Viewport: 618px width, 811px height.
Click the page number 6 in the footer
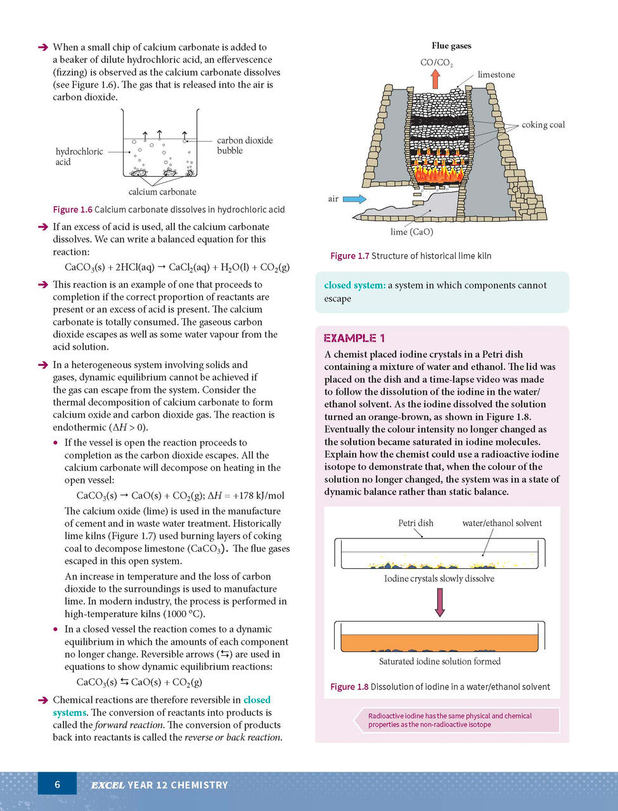[x=57, y=784]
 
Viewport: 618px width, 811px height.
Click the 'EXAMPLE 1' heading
[x=354, y=338]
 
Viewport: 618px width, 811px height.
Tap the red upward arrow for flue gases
[x=435, y=79]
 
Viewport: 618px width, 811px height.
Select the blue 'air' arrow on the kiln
[x=354, y=199]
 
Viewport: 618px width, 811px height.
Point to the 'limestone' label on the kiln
[x=496, y=75]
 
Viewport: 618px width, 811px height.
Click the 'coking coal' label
[x=543, y=125]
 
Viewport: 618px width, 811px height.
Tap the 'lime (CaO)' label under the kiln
[x=411, y=232]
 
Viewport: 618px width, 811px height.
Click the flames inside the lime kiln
[x=439, y=170]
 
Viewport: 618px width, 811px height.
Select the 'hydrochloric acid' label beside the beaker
[x=79, y=156]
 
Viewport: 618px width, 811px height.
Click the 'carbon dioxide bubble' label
[x=245, y=145]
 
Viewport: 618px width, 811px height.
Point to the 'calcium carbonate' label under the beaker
[x=162, y=192]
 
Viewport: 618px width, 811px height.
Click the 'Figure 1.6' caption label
[x=72, y=210]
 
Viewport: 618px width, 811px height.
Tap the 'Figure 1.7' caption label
[x=349, y=256]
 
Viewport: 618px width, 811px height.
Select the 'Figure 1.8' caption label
[x=349, y=687]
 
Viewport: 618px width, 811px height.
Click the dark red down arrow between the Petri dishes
[x=440, y=603]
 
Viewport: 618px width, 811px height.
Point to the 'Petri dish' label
[x=416, y=523]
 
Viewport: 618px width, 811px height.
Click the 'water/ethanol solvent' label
[x=502, y=523]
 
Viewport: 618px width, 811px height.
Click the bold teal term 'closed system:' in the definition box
[x=354, y=285]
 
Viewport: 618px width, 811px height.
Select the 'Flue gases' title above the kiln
[x=451, y=46]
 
